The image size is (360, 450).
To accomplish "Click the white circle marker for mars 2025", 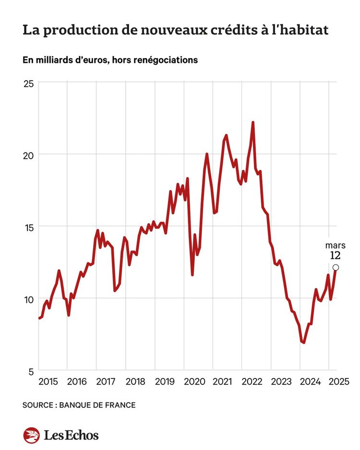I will tap(336, 267).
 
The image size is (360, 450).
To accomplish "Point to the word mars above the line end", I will tap(335, 245).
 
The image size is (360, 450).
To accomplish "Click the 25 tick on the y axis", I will tap(28, 83).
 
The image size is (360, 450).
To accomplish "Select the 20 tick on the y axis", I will tap(28, 155).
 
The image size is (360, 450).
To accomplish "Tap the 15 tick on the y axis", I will tap(28, 227).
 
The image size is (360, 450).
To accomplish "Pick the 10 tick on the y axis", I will tap(28, 299).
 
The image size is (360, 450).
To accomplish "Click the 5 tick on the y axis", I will tap(31, 371).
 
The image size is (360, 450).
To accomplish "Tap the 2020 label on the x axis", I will tap(194, 382).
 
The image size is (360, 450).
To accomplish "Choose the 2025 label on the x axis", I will tap(338, 382).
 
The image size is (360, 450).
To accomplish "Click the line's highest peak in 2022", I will tap(252, 122).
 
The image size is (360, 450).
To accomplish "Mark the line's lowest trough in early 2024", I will tap(303, 343).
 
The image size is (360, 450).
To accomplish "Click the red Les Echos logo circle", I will tap(31, 435).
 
